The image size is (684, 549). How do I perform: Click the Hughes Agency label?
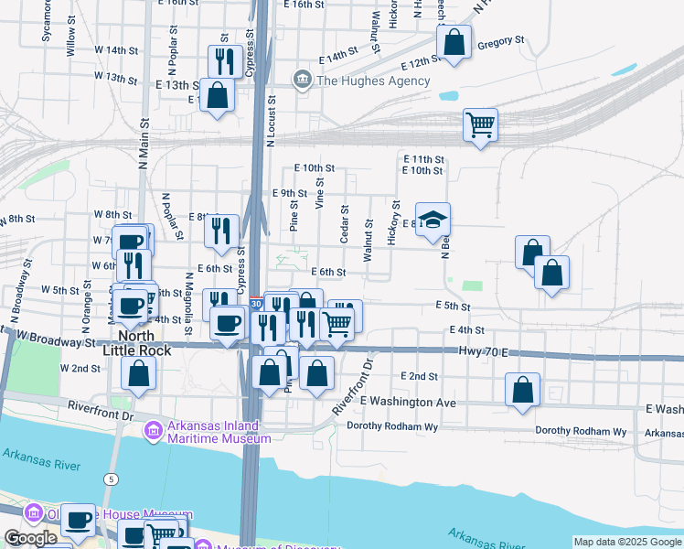372,81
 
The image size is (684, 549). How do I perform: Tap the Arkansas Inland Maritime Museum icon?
153,428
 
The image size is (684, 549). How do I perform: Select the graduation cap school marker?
433,221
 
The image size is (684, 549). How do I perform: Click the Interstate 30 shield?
257,302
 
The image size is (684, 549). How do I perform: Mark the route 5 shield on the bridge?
111,479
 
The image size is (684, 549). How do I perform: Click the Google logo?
30,538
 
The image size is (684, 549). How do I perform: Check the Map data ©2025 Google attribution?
627,542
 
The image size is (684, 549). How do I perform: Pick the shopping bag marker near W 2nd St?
138,373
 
